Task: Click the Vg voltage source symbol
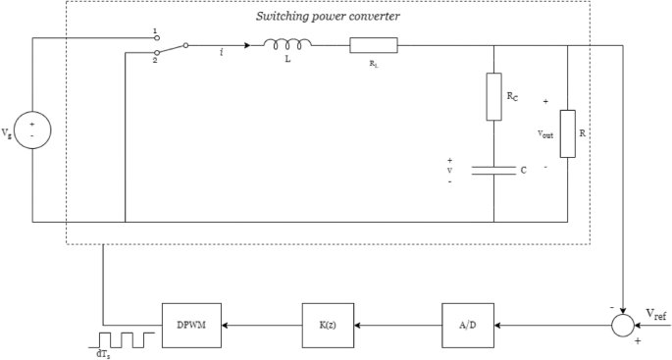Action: tap(33, 130)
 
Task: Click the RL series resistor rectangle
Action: tap(374, 44)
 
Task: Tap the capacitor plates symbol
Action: tap(493, 170)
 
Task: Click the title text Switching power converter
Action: tap(328, 16)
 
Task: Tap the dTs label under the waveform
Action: tap(103, 354)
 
